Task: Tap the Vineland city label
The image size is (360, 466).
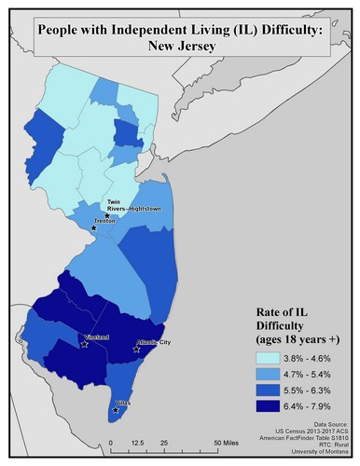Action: point(95,336)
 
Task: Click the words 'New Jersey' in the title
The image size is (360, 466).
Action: point(179,47)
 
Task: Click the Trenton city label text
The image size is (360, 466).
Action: point(104,222)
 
